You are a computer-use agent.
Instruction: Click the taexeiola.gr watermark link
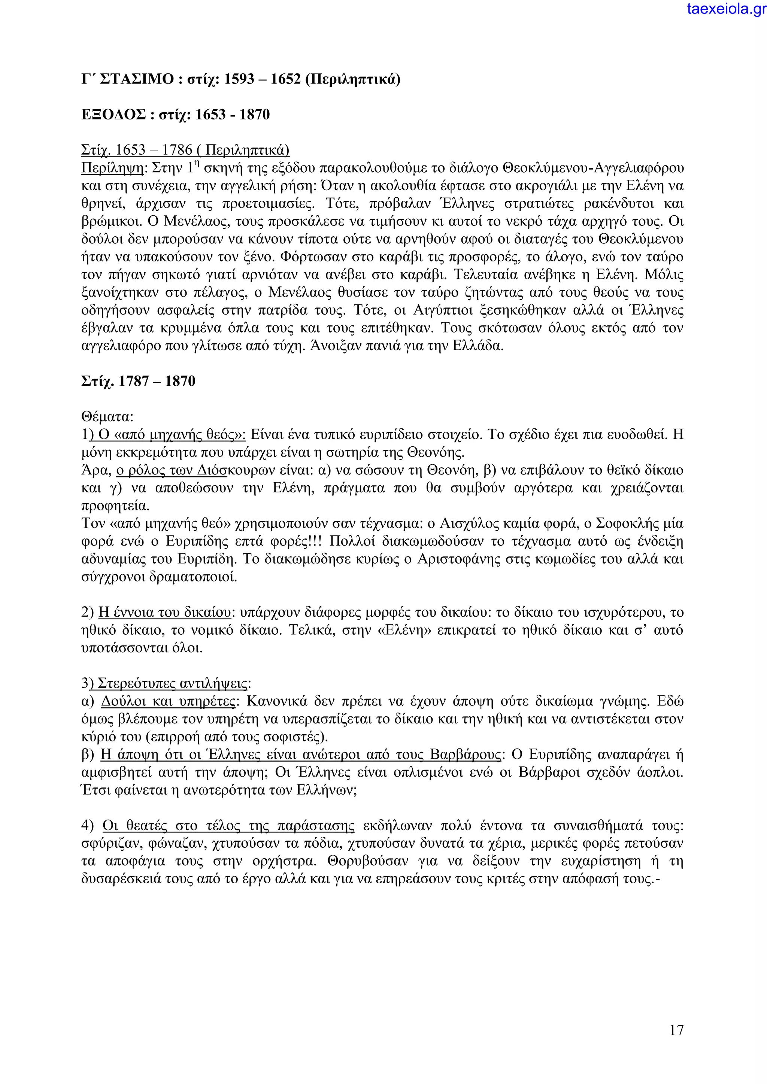(727, 9)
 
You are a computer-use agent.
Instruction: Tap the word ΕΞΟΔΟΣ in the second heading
(113, 115)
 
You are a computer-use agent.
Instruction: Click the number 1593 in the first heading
(239, 79)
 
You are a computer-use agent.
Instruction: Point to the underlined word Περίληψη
(112, 168)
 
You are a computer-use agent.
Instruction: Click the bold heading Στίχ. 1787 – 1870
(138, 381)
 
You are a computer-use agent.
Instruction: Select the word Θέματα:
(107, 417)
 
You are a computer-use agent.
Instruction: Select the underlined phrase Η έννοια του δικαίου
(164, 613)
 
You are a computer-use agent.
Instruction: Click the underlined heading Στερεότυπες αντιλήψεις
(172, 684)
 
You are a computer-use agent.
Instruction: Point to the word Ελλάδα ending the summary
(478, 346)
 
